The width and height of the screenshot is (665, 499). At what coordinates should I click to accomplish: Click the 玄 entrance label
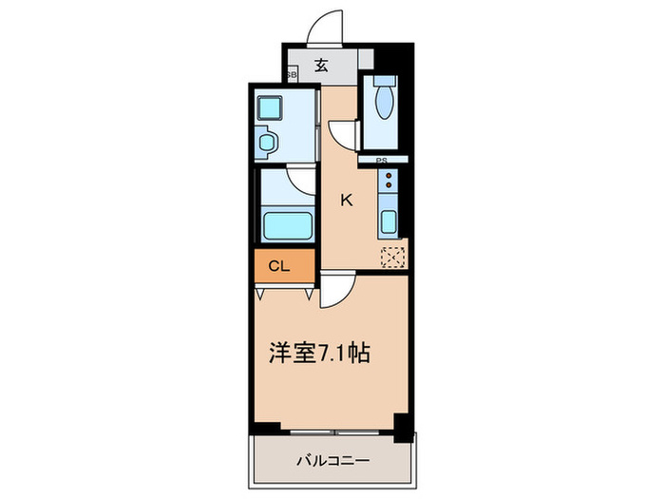[322, 66]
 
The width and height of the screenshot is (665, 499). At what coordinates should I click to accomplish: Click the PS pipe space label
[382, 160]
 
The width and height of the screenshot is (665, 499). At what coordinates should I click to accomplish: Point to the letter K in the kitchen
[347, 200]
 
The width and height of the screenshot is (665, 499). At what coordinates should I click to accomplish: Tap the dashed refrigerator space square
[392, 256]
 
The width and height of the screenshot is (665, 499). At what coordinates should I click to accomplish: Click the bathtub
[287, 228]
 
